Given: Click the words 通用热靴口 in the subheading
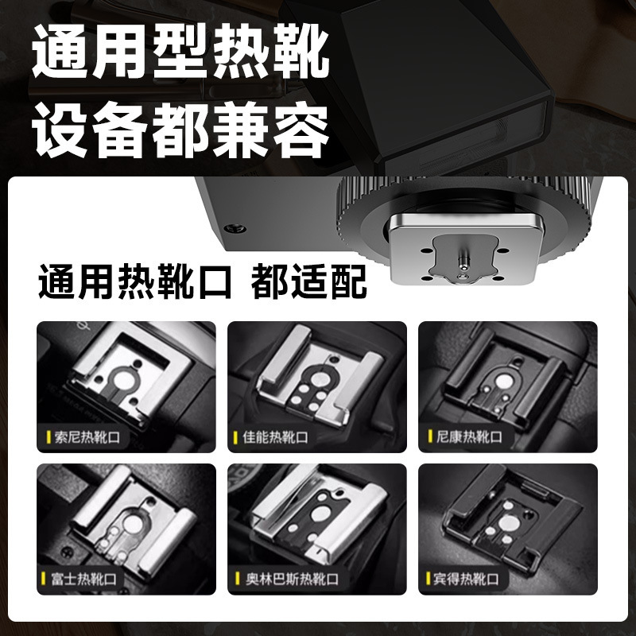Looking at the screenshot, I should (x=135, y=282).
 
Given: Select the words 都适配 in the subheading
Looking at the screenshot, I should (x=308, y=282).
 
